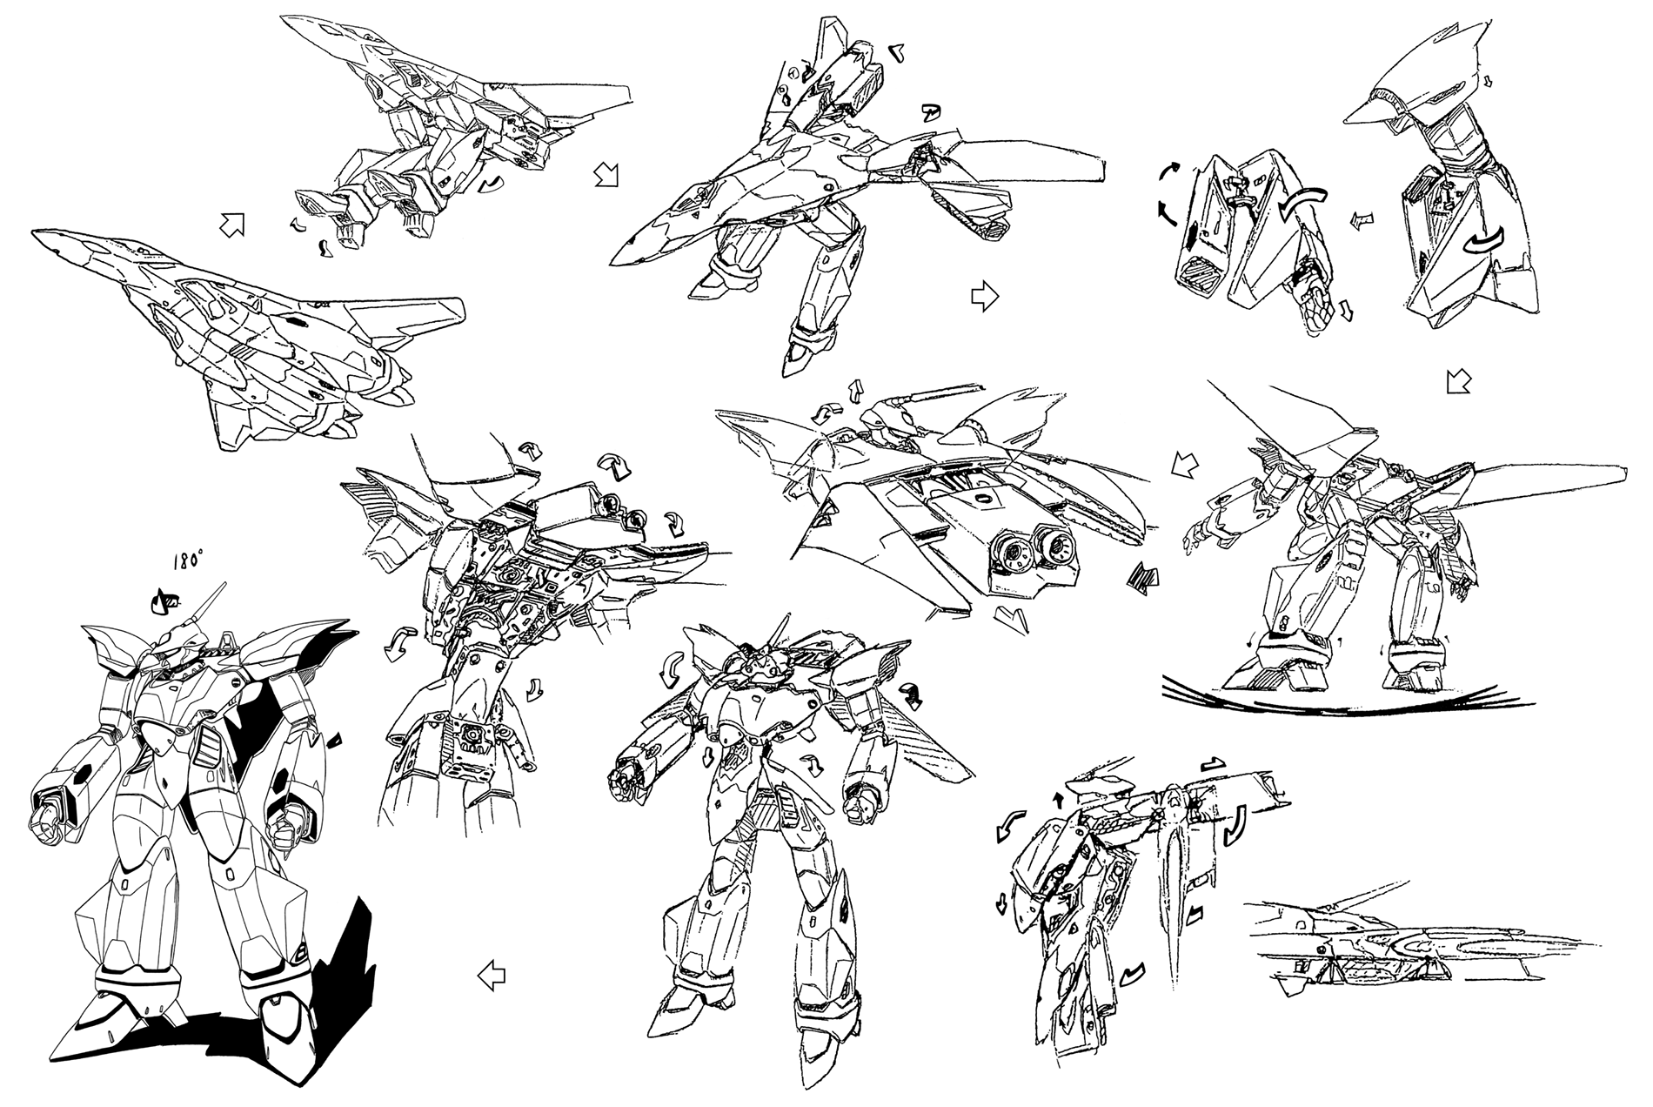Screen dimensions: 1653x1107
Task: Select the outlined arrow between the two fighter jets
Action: tap(231, 225)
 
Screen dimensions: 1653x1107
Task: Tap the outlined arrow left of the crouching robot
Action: tap(1185, 464)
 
